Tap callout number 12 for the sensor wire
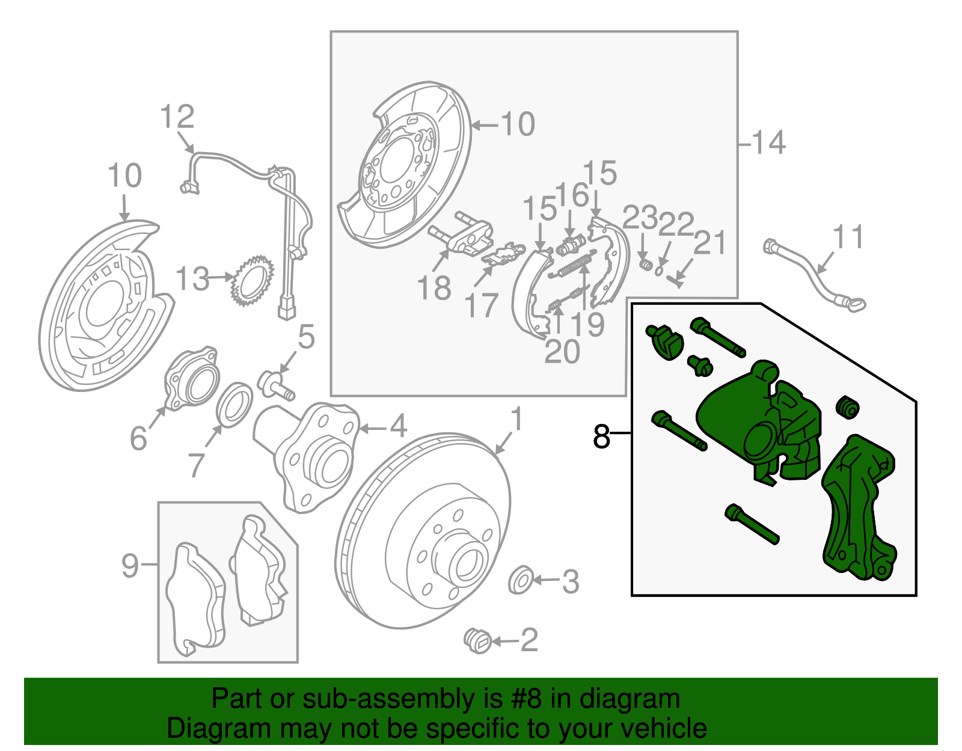[177, 117]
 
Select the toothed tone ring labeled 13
[253, 281]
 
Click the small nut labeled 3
[520, 580]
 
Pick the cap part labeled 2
[479, 640]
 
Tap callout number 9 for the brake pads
[130, 565]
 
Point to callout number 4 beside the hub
[399, 426]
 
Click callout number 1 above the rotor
[516, 419]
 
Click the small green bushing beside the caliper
[848, 408]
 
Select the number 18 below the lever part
[434, 288]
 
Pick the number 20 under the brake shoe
[562, 352]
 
